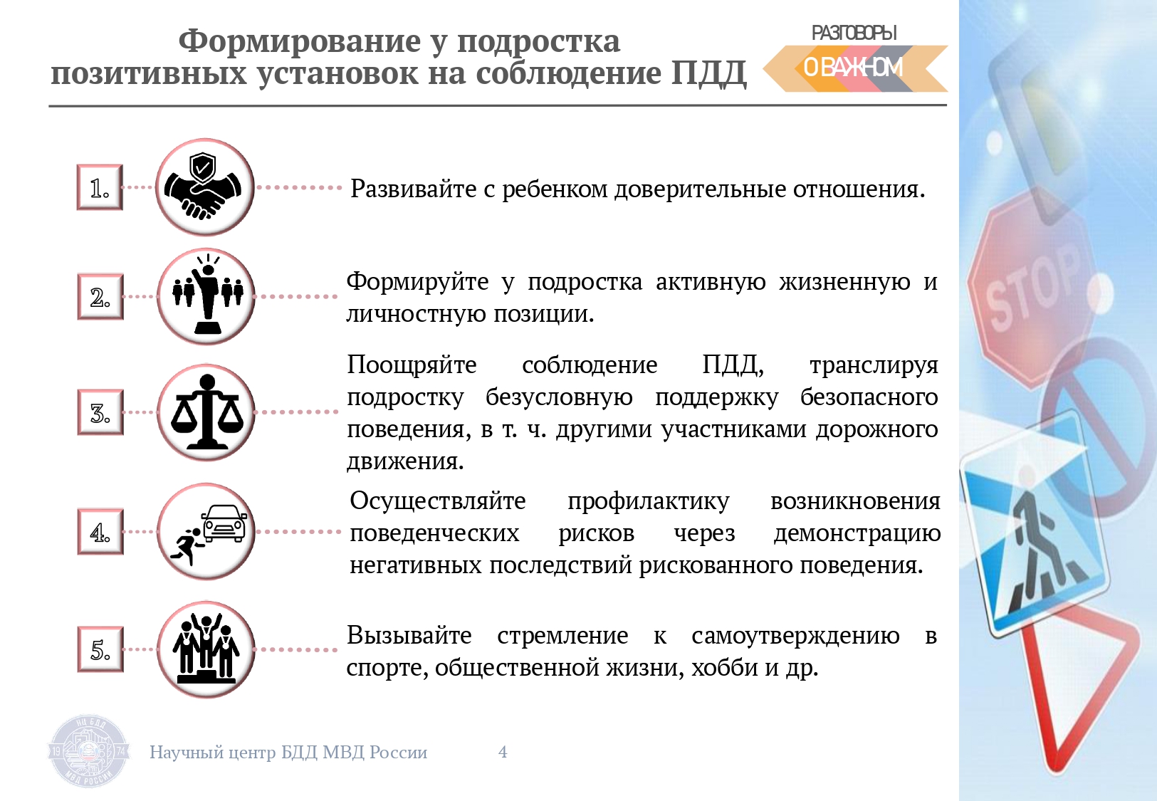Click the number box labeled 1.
[100, 187]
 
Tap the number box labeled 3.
[100, 413]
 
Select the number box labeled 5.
[100, 649]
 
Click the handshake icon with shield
[205, 187]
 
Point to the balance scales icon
[206, 412]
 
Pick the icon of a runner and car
[206, 531]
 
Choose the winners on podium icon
[206, 649]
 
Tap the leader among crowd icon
[206, 296]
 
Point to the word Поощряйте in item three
[412, 366]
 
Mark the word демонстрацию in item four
[857, 533]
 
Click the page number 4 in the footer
[503, 752]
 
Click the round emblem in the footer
[88, 751]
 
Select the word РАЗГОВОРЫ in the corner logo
[854, 33]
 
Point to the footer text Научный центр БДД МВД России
[288, 753]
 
